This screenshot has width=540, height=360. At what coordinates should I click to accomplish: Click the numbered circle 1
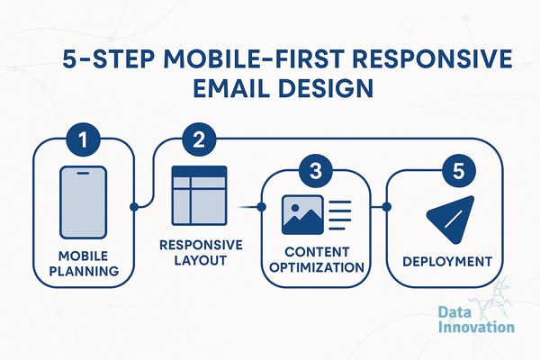pos(83,139)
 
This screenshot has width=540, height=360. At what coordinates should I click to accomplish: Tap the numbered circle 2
pos(199,139)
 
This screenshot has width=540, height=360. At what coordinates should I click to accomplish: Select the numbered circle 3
pos(316,171)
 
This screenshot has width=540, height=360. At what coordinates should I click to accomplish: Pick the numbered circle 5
pos(458,171)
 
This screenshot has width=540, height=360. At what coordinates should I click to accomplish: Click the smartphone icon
pos(83,202)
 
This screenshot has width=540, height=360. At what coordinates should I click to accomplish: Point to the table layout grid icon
pos(200,195)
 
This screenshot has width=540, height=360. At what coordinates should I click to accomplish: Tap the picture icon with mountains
pos(302,215)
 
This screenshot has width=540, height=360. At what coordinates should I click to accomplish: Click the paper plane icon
pos(451,220)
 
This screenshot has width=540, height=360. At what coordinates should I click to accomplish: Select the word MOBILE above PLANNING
pos(83,256)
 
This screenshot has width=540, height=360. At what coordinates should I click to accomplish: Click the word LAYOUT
pos(201,260)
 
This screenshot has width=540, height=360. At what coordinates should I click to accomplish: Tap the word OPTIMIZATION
pos(317,267)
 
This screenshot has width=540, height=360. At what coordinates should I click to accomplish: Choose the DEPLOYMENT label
pos(447,262)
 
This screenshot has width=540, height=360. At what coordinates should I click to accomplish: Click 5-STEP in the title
pos(109,58)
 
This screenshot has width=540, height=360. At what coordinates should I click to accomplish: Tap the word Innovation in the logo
pos(477,327)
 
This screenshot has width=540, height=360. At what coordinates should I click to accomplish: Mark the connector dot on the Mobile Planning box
pos(134,207)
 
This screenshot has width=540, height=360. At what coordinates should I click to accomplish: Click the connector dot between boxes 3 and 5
pos(387,207)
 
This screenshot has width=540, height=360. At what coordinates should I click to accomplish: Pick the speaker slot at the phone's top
pos(83,173)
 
